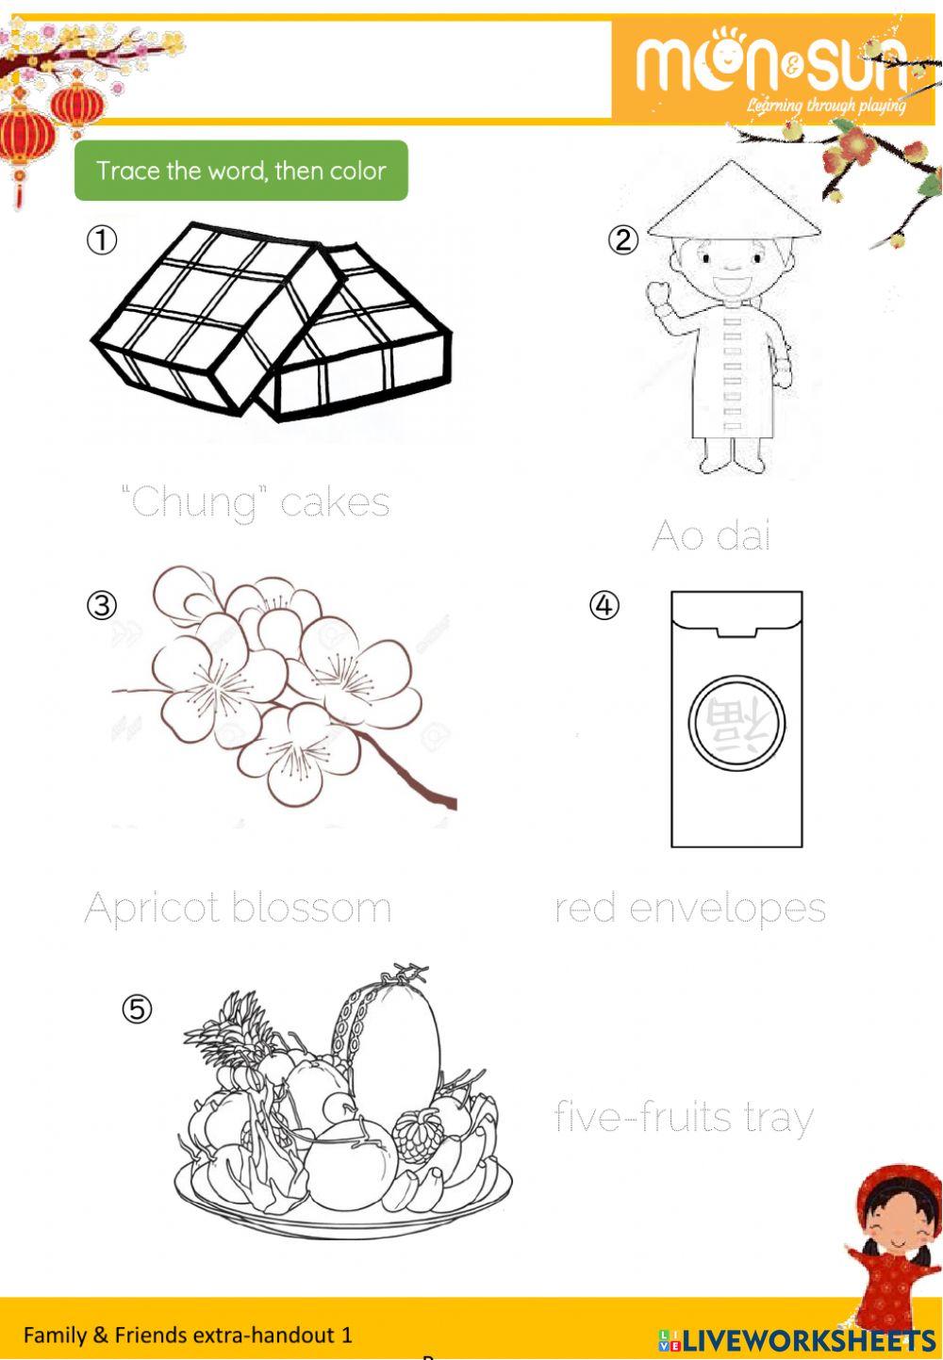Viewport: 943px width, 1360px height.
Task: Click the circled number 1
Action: coord(102,240)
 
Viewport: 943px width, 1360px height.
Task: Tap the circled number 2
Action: coord(622,240)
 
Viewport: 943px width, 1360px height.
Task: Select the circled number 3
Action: coord(102,604)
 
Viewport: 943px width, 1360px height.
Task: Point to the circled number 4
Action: coord(604,604)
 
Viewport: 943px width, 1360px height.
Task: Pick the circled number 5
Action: coord(137,1009)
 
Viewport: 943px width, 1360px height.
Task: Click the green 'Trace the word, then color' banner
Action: coord(240,171)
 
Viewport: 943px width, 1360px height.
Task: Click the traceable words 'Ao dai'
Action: coord(711,536)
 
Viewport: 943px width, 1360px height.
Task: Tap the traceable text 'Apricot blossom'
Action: coord(238,909)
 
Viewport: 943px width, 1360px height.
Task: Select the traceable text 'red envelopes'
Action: coord(689,909)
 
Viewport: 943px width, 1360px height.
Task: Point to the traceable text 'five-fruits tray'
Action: coord(684,1118)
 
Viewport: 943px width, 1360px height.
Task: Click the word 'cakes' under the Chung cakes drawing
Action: coord(335,502)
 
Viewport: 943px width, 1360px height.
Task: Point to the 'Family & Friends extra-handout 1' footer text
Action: coord(188,1335)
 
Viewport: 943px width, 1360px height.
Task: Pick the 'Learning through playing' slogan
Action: coord(825,105)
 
